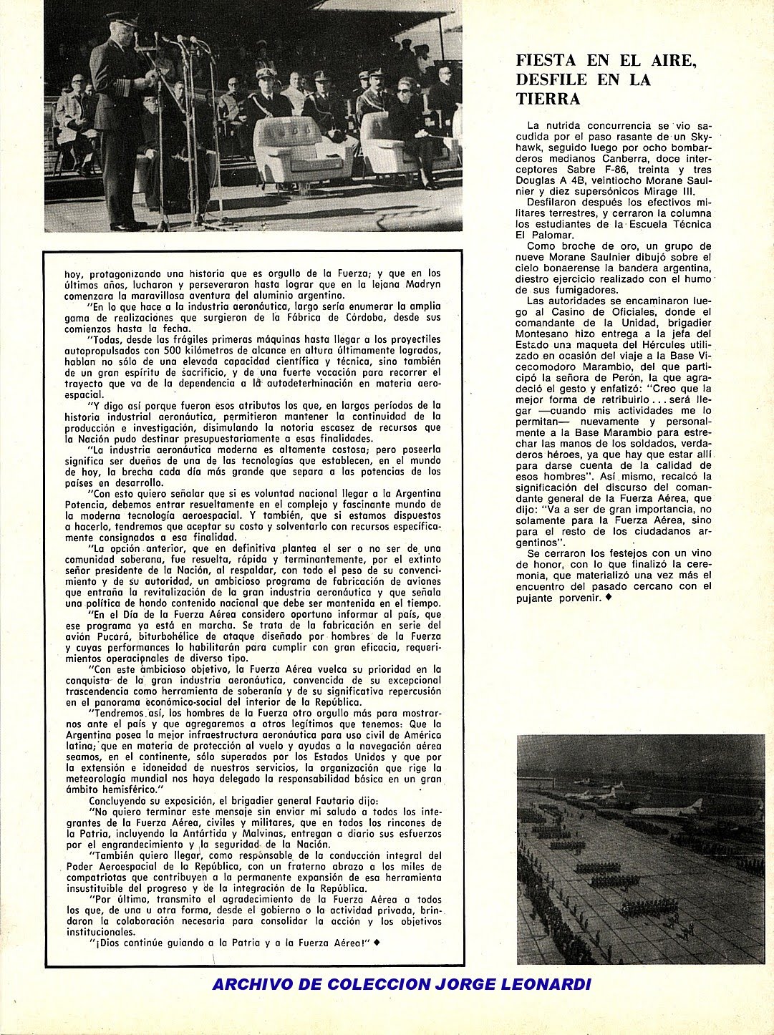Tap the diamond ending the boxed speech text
point(377,943)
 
